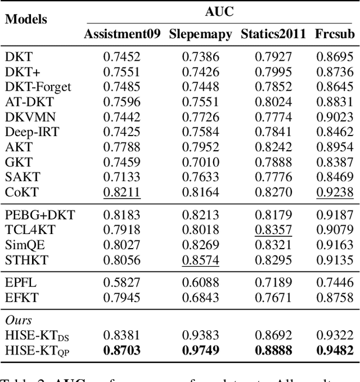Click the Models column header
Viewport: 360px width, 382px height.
26,19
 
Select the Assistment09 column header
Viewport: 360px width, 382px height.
121,34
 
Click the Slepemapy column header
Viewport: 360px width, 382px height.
200,34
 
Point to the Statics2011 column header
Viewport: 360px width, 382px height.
273,34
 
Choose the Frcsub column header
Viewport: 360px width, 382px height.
335,34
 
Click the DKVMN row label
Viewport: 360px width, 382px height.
26,116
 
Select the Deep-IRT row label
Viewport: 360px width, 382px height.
28,132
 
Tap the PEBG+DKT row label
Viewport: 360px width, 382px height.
39,214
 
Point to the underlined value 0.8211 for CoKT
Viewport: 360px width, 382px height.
121,192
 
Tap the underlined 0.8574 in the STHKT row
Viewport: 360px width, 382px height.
200,260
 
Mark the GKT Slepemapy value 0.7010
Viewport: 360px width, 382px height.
200,162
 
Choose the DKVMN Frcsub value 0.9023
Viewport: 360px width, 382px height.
335,116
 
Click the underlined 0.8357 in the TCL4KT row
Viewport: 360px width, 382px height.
273,230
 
